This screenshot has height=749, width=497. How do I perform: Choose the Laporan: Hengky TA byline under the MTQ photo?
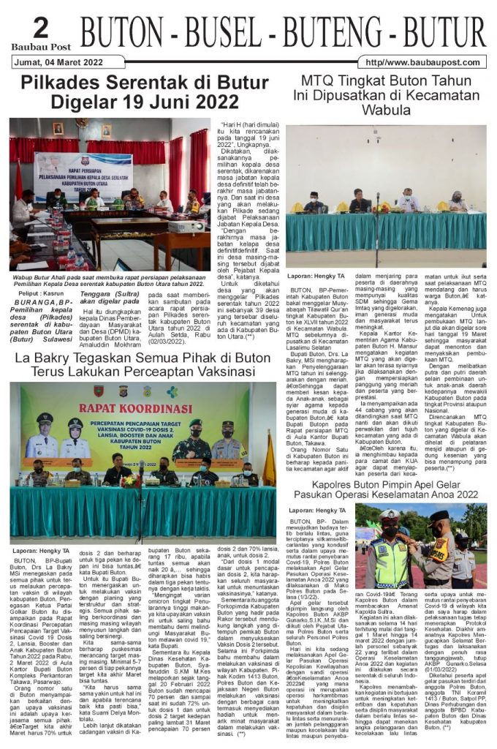pos(316,276)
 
